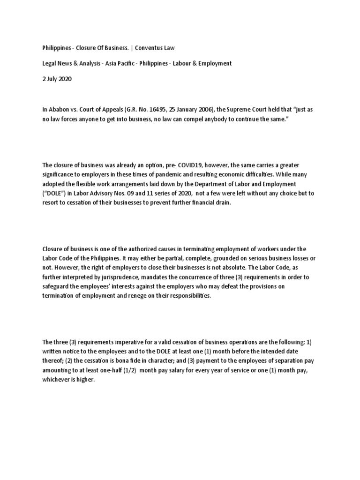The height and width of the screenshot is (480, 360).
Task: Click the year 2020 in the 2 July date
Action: (x=66, y=79)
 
